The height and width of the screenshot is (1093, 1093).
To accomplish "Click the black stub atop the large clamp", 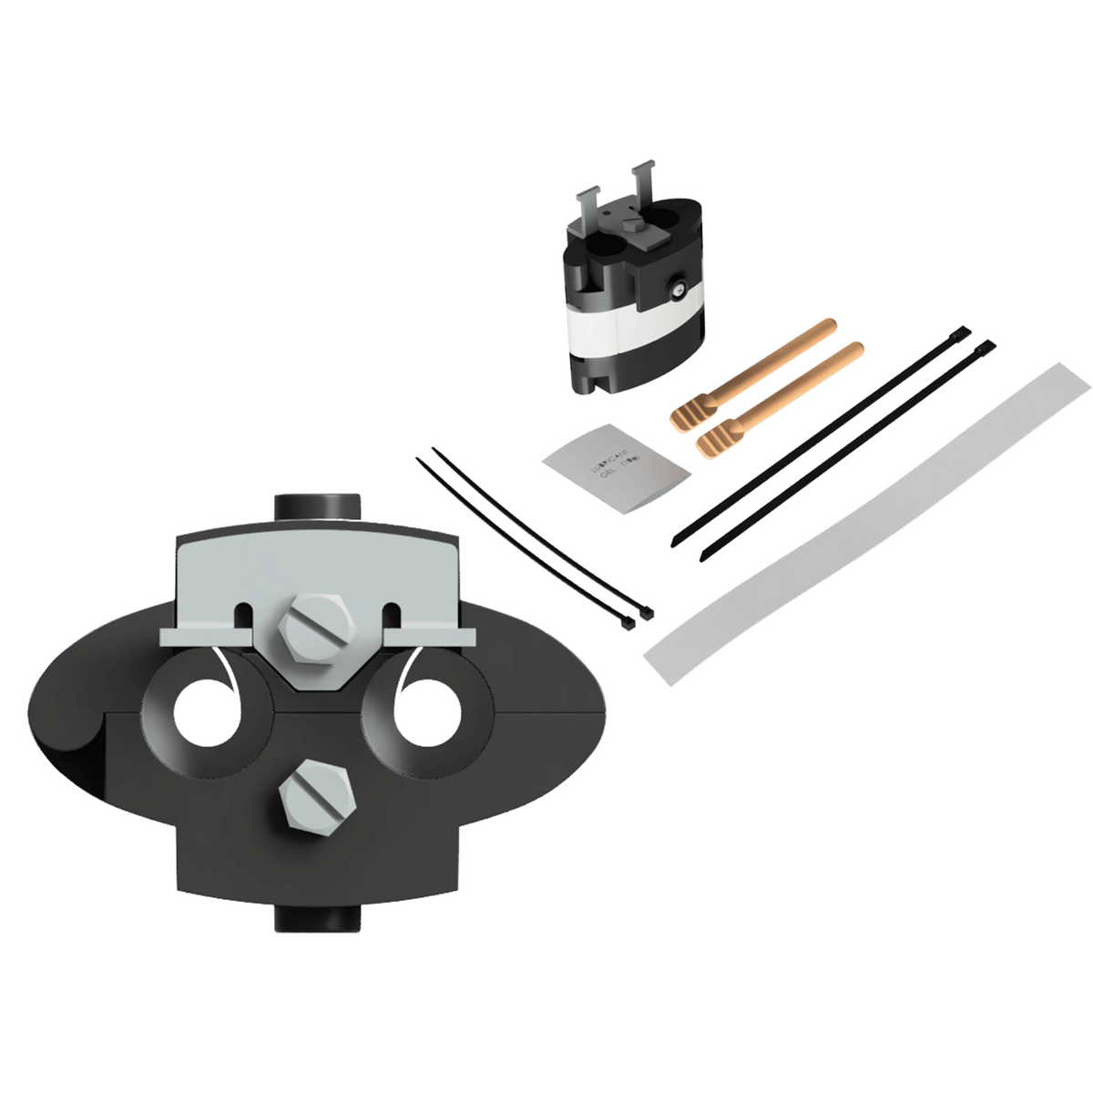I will [315, 506].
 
